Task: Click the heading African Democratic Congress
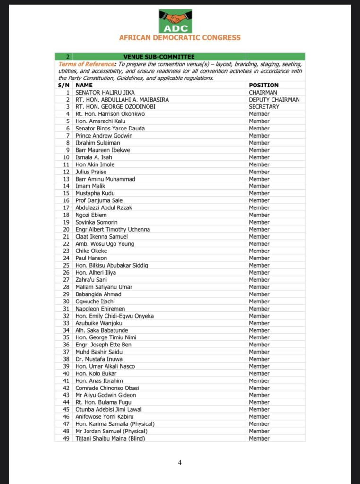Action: click(180, 38)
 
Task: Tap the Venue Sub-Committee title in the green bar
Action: click(159, 57)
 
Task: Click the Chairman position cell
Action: click(263, 93)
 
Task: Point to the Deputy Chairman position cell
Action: click(274, 100)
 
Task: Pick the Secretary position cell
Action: click(264, 107)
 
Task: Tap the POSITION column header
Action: click(263, 85)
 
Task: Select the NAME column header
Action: click(83, 85)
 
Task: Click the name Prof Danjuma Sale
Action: click(99, 200)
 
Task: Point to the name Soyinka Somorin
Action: click(97, 222)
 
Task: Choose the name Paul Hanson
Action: click(91, 258)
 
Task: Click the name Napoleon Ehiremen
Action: click(99, 309)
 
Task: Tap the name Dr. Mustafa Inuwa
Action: click(99, 359)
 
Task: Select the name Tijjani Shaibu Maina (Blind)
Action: click(110, 438)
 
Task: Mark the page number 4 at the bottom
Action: click(180, 463)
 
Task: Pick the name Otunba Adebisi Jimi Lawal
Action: click(108, 409)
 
